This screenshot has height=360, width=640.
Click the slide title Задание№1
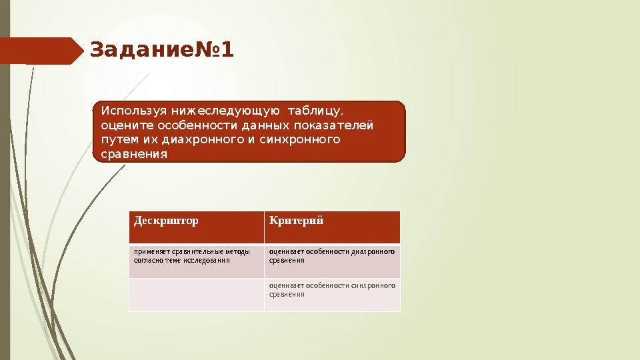(162, 50)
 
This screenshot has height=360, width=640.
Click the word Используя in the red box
(132, 110)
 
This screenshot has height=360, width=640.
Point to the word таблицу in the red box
(320, 110)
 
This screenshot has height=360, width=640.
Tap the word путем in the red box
(115, 140)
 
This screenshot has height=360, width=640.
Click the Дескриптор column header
(166, 221)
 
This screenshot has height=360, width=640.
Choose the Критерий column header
(296, 221)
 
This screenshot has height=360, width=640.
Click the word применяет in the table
(151, 252)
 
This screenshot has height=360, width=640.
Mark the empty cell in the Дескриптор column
(197, 295)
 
